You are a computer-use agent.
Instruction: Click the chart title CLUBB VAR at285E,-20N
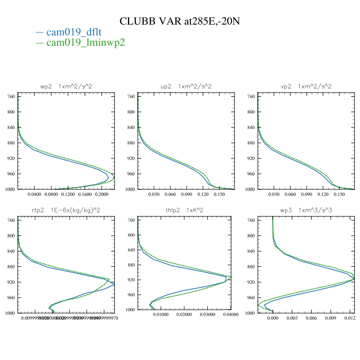(x=180, y=22)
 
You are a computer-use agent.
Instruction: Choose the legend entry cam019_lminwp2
(x=85, y=43)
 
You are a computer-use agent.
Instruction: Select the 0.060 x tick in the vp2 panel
(x=290, y=195)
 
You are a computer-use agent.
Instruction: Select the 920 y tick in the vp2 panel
(x=251, y=158)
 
